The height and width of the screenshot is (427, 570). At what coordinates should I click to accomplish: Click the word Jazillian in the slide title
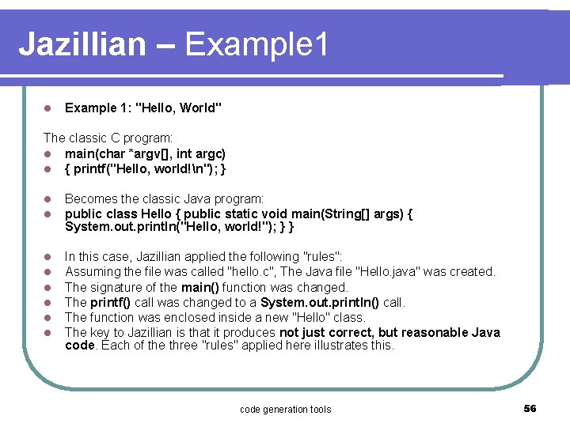[x=82, y=44]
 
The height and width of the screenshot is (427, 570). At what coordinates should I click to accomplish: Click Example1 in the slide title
[x=256, y=44]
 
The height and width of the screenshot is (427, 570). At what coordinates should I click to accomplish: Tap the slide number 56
[x=530, y=408]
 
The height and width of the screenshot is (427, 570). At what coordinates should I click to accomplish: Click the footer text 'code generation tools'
[x=285, y=409]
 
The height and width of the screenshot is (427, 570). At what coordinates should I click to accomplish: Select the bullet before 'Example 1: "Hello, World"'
[x=47, y=108]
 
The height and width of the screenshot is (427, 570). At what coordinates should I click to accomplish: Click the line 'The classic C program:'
[x=108, y=138]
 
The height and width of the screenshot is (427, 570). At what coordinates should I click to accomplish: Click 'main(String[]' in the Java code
[x=344, y=213]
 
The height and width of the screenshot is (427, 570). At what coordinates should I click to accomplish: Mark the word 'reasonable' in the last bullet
[x=435, y=332]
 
